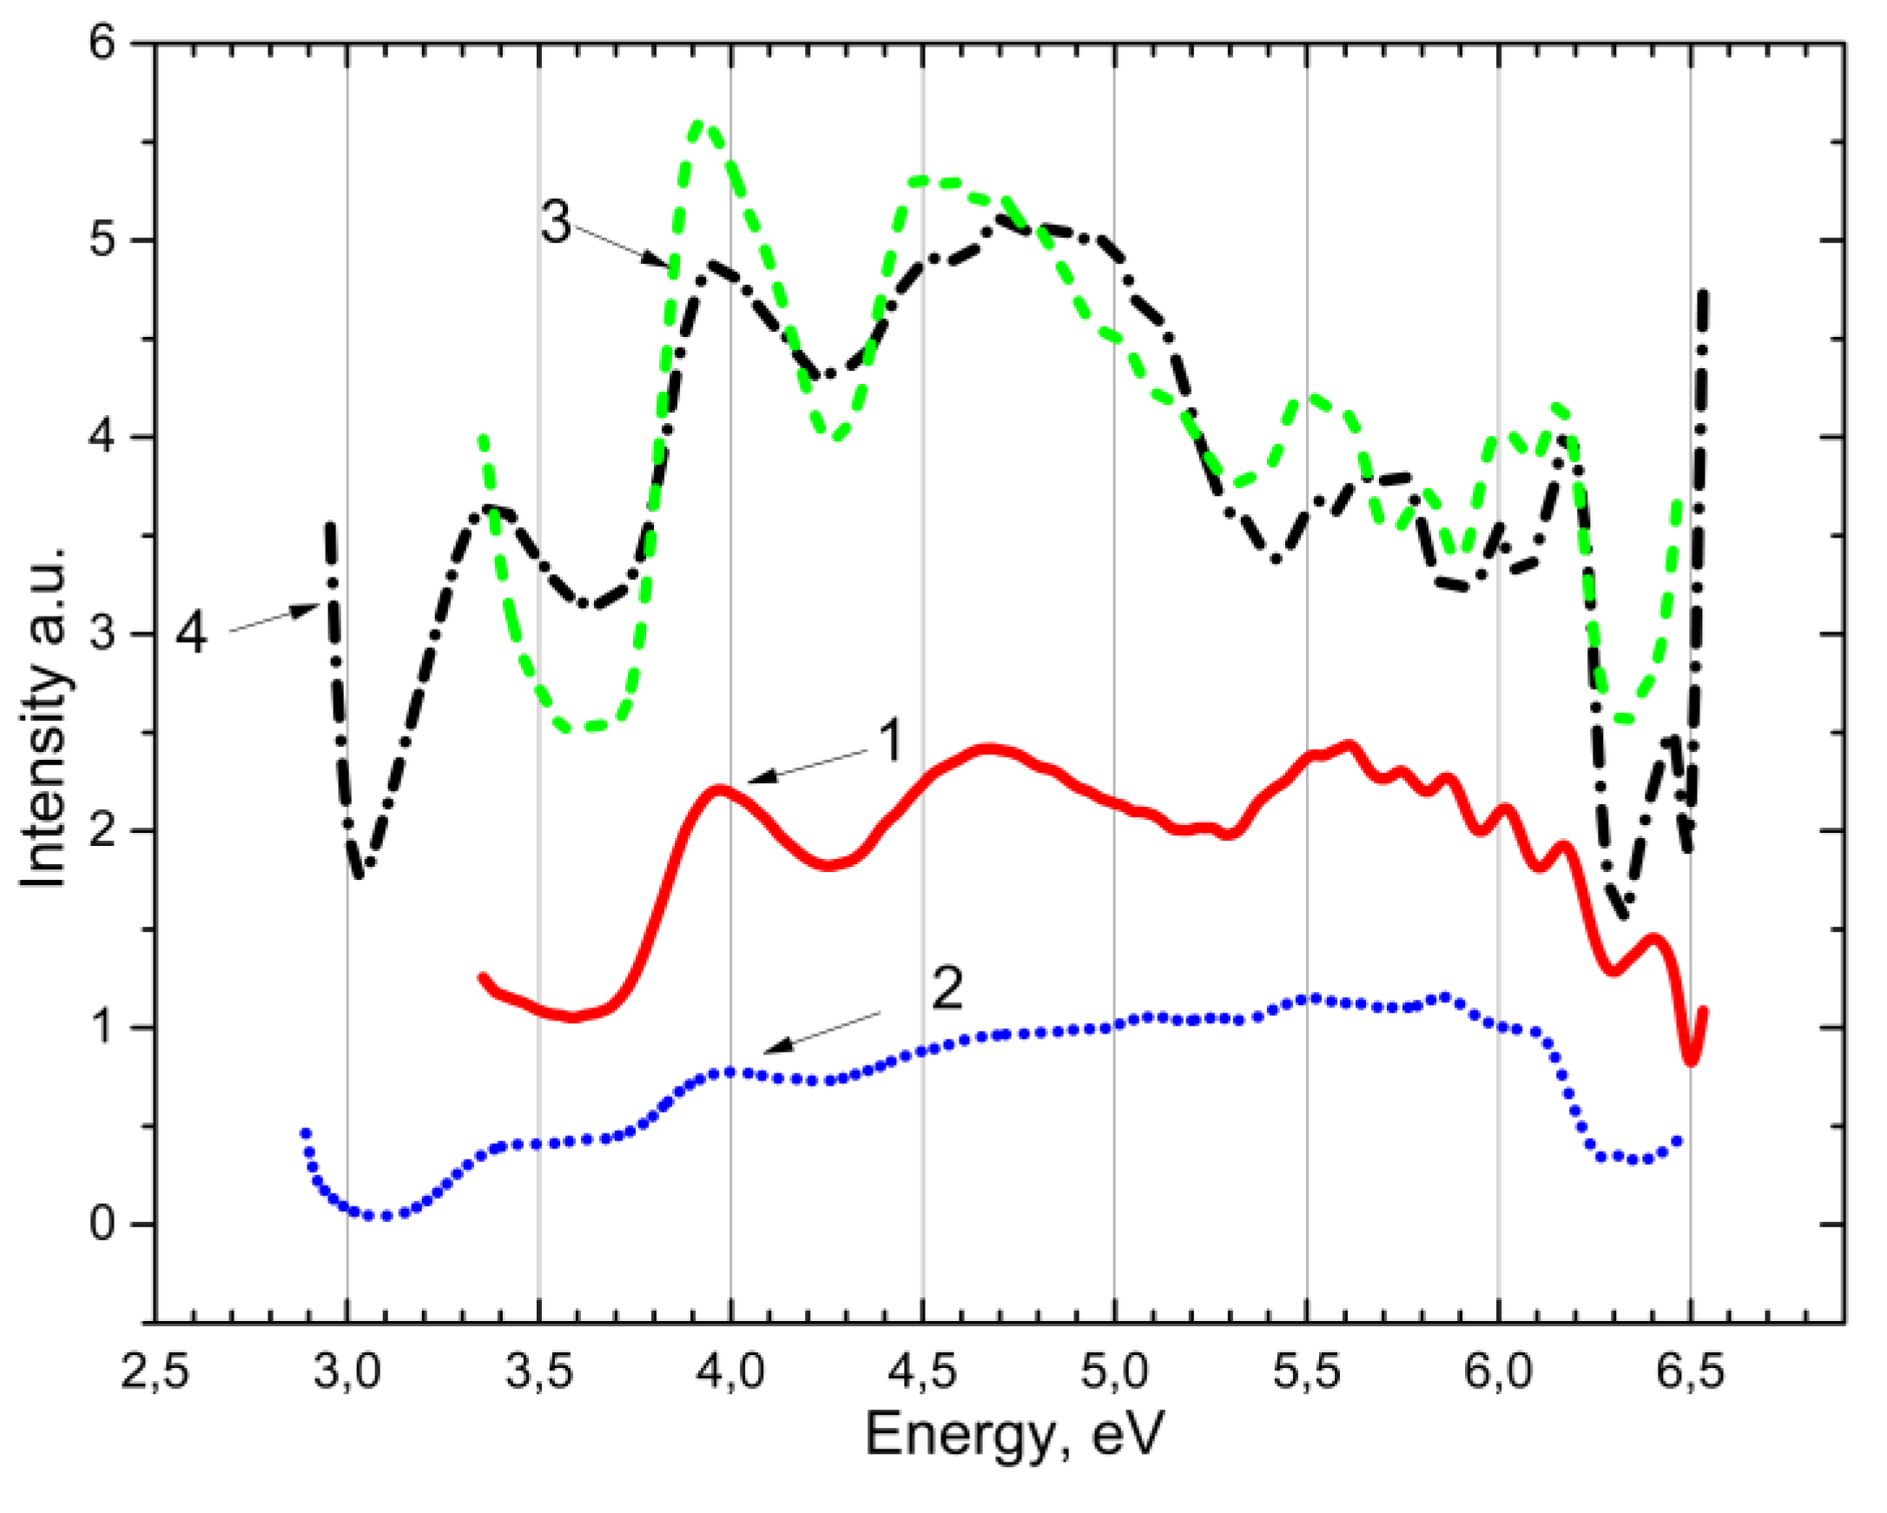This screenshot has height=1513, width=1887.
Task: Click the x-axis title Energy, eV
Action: pyautogui.click(x=1015, y=1435)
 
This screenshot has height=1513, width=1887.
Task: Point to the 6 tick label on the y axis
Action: pyautogui.click(x=103, y=43)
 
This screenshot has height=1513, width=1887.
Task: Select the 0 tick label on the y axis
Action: pyautogui.click(x=102, y=1224)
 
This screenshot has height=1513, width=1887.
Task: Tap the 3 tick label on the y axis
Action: pyautogui.click(x=102, y=634)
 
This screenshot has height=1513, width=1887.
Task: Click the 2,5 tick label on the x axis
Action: pyautogui.click(x=155, y=1372)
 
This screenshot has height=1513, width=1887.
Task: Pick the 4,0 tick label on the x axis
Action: pyautogui.click(x=731, y=1372)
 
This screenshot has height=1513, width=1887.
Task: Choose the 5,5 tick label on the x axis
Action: pyautogui.click(x=1306, y=1372)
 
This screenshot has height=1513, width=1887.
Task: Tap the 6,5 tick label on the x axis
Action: pyautogui.click(x=1690, y=1372)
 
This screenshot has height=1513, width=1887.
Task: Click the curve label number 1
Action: pyautogui.click(x=889, y=743)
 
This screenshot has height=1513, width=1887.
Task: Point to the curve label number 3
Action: pyautogui.click(x=556, y=222)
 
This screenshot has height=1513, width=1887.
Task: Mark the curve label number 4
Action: pyautogui.click(x=192, y=633)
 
